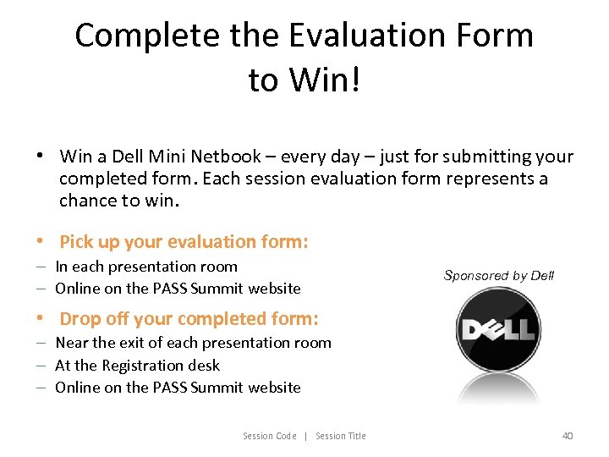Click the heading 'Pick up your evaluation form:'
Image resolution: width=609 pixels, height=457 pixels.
[x=184, y=242]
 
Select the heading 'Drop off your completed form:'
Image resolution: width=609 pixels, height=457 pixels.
[x=189, y=319]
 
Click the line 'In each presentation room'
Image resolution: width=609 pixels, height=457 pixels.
[x=146, y=267]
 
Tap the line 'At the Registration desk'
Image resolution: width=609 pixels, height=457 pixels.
[x=137, y=366]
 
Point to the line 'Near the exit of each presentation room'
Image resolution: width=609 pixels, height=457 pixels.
[x=193, y=343]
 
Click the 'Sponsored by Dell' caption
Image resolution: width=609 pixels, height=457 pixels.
[x=499, y=276]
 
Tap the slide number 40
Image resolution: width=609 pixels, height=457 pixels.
[x=568, y=436]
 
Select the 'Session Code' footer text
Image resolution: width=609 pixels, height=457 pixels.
[x=270, y=436]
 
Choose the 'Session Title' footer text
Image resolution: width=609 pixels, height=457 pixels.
[x=341, y=436]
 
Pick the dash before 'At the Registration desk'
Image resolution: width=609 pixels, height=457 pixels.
[x=41, y=366]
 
